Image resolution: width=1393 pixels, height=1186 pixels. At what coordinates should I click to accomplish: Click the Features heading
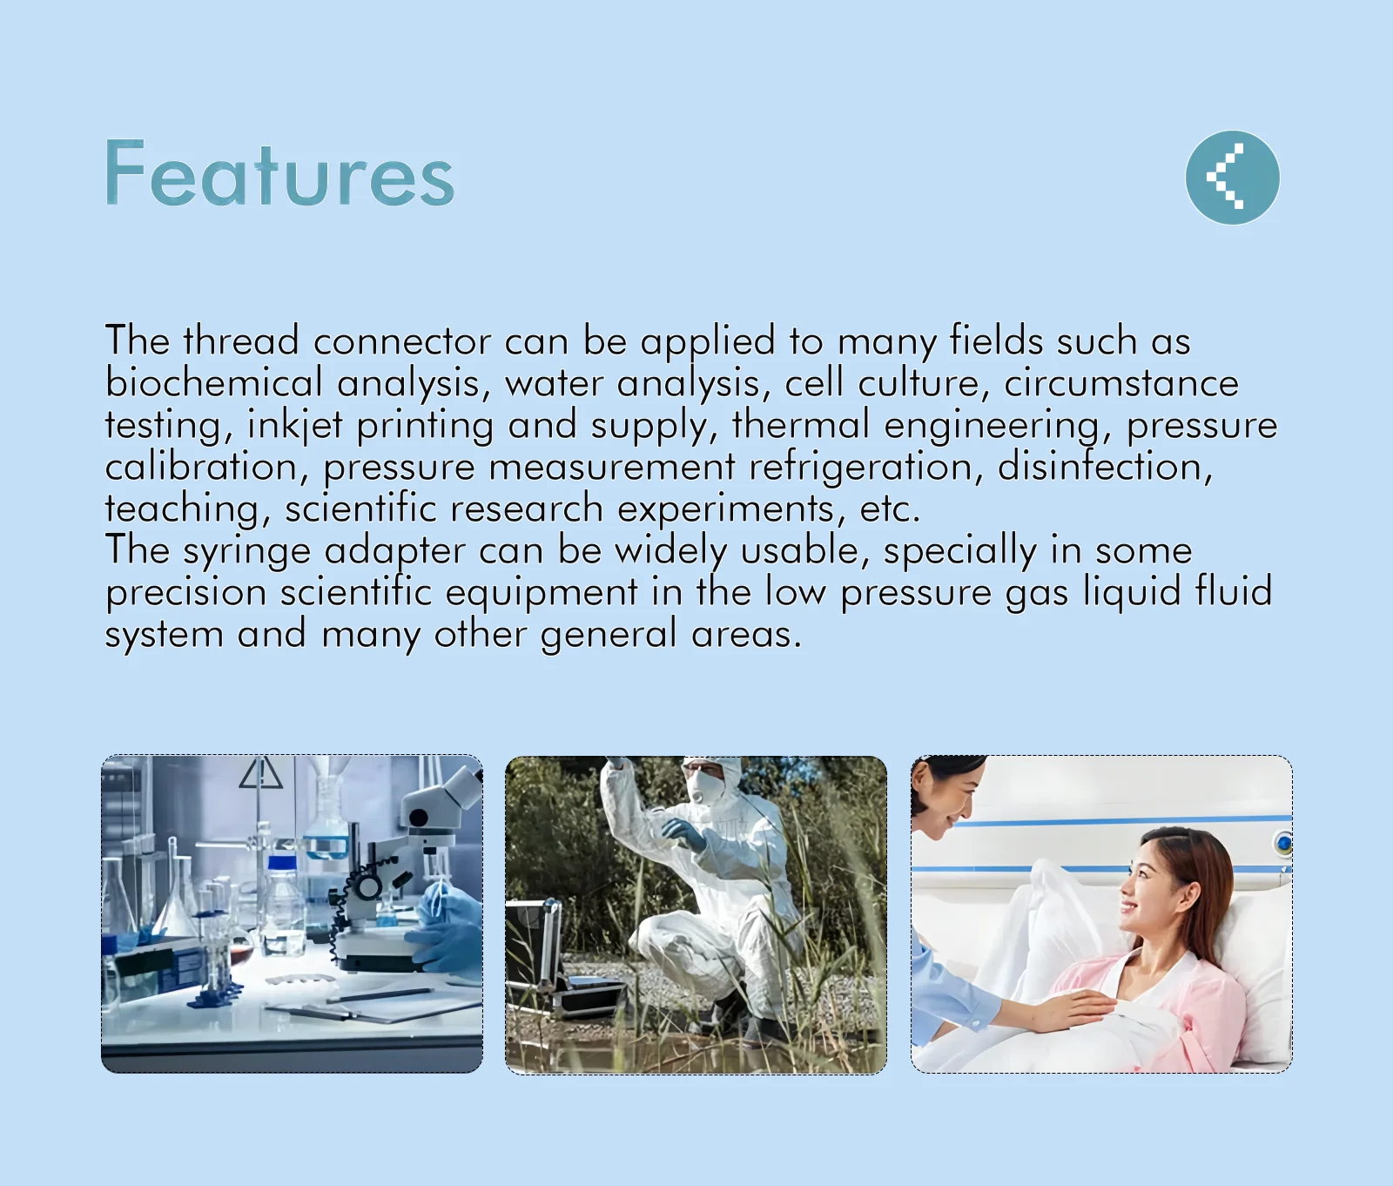[279, 174]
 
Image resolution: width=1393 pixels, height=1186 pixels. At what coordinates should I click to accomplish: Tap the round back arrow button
[1233, 178]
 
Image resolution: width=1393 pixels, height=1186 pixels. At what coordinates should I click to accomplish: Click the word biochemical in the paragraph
[213, 382]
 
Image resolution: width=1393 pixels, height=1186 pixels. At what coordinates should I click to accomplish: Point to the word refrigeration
[860, 468]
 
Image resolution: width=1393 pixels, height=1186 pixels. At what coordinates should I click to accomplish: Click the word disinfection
[1104, 466]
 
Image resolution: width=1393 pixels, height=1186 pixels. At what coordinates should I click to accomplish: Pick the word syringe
[246, 551]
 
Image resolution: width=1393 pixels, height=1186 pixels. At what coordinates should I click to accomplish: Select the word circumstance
[1121, 383]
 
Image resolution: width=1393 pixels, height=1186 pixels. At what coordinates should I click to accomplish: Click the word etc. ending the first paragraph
[889, 509]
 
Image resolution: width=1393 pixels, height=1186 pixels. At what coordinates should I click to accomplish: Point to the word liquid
[1132, 593]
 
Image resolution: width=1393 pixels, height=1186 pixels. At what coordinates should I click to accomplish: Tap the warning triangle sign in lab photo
[261, 773]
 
